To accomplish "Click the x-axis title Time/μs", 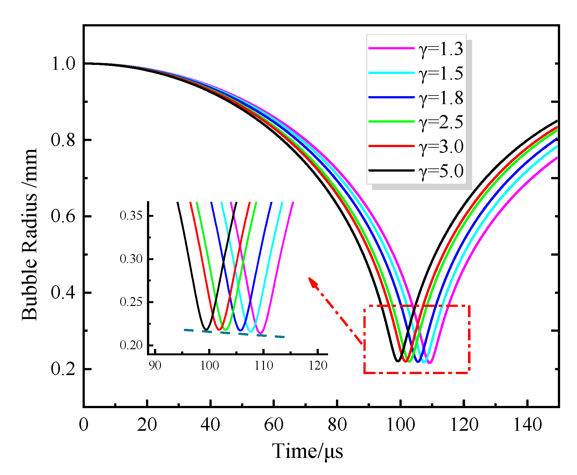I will (x=307, y=451).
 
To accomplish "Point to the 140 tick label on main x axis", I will (x=527, y=425).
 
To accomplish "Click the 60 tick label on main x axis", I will (x=274, y=425).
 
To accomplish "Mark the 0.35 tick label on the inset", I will (x=131, y=216).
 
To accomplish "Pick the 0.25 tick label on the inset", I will (x=131, y=302).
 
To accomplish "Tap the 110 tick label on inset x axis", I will (x=264, y=365).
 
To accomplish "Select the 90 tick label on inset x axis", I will (x=155, y=365).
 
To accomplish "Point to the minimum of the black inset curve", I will (x=206, y=329).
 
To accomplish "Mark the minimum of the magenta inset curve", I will (x=261, y=333).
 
